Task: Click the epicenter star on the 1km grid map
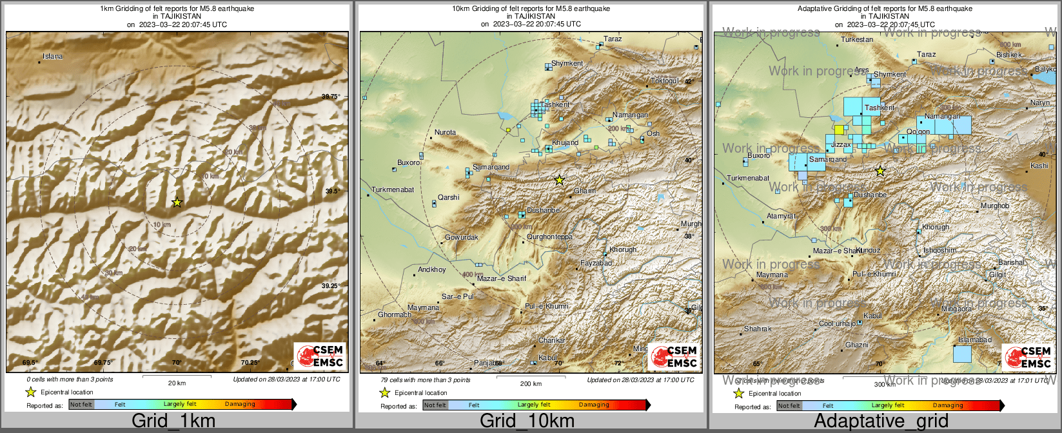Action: pos(177,202)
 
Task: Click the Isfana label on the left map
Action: pos(53,57)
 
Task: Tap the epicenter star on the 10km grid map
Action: pos(560,180)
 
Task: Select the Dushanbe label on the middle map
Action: pos(543,211)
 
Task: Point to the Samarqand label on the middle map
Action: pos(491,168)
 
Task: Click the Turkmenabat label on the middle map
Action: pos(393,190)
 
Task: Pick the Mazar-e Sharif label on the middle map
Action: pos(502,278)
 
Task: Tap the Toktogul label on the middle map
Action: pos(664,81)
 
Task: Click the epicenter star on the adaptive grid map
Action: pos(880,171)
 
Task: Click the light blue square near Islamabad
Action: pos(963,354)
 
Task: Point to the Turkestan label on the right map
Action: pos(857,40)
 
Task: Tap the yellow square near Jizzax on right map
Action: pos(839,130)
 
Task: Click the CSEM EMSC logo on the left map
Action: pos(320,356)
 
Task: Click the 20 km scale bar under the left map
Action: pos(176,376)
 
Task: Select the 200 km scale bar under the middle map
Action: pos(530,377)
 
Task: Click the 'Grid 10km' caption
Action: pos(527,421)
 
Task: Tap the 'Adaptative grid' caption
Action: pos(881,421)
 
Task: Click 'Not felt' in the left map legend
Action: pos(81,405)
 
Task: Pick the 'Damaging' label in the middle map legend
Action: pos(594,405)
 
